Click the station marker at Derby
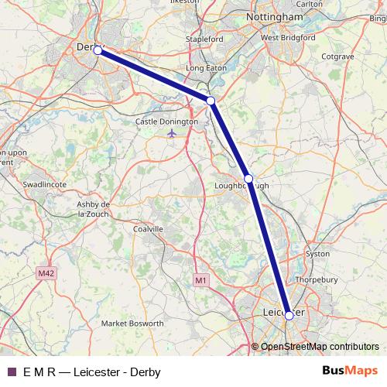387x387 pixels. coord(98,50)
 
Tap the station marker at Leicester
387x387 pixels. coord(289,315)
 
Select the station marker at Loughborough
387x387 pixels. coord(248,179)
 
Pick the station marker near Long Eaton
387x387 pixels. coord(211,101)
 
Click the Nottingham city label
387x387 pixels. coord(273,16)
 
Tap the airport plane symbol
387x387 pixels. coord(171,133)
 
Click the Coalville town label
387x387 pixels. coord(149,229)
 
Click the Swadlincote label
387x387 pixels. coord(45,185)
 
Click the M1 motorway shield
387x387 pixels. coord(200,279)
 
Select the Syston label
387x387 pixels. coord(317,253)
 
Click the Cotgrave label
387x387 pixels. coord(337,57)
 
